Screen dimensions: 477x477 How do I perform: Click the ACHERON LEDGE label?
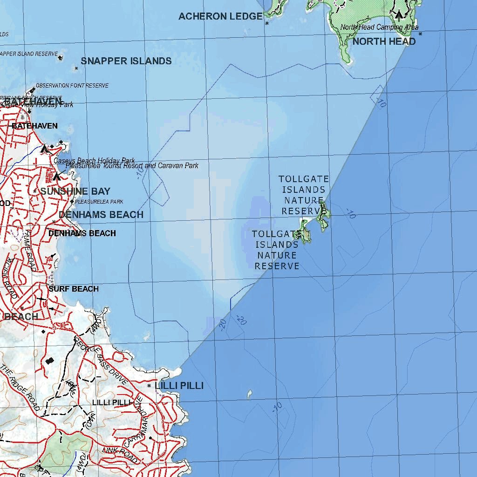pos(220,16)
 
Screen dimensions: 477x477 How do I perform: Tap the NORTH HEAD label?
pos(384,41)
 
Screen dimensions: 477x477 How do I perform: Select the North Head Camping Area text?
pos(379,27)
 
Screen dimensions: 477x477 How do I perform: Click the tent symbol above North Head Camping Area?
pos(399,14)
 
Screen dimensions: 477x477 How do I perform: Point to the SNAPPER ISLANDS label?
pos(126,61)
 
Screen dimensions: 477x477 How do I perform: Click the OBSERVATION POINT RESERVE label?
pos(72,86)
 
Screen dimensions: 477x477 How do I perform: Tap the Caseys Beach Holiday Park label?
pos(94,161)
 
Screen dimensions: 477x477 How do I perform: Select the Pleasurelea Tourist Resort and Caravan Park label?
pos(132,166)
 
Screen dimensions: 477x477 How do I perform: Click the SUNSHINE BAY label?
pos(75,191)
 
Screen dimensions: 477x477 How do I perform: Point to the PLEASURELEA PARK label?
pos(99,202)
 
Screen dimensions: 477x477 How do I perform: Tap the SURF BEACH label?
pos(74,289)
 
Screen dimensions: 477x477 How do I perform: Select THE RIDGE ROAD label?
pos(20,387)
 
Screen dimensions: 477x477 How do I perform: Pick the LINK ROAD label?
pos(120,451)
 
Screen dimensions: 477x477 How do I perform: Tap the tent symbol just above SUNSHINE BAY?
pos(57,176)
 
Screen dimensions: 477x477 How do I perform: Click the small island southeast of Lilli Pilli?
pos(249,395)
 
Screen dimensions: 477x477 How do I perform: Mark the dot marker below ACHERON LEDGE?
pos(267,23)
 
